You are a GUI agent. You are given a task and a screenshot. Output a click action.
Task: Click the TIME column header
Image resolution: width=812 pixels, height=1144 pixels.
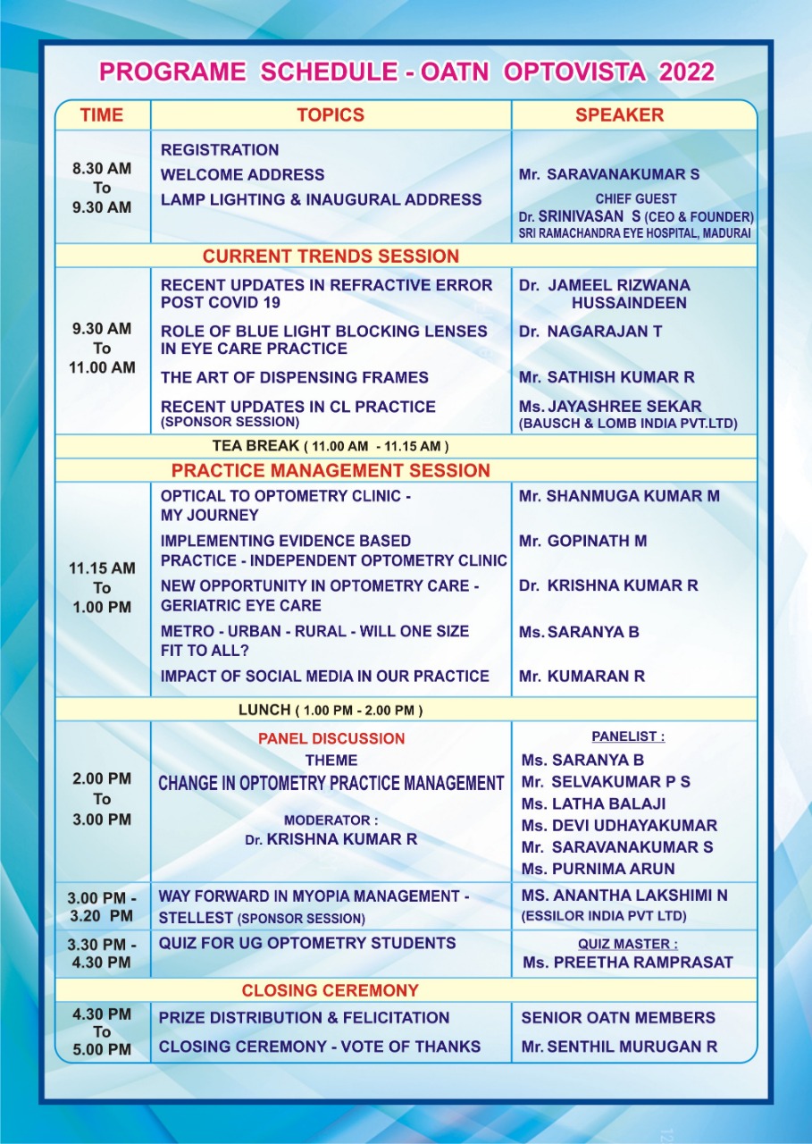102,115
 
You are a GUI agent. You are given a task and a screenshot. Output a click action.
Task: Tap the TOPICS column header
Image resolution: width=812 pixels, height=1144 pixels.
331,115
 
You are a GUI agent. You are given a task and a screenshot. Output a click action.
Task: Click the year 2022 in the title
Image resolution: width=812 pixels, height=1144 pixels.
687,72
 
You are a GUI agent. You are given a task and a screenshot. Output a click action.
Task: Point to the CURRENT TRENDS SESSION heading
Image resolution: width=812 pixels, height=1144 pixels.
331,257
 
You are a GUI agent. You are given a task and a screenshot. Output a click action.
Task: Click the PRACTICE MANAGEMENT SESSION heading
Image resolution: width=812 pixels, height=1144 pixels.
331,471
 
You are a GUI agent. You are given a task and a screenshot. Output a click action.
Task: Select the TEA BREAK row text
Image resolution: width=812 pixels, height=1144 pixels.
331,445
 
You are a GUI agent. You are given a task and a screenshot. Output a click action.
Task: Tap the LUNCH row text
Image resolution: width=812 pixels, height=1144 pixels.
331,711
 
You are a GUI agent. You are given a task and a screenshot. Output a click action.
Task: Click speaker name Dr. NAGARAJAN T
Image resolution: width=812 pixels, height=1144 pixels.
590,332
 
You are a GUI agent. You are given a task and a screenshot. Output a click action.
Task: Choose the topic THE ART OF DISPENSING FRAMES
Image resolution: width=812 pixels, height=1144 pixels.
295,378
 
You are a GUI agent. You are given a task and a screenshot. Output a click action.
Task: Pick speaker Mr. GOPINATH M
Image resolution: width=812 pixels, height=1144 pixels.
583,541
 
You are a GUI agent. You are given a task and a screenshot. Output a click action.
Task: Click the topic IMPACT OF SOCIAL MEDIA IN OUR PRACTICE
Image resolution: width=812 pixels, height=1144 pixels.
325,677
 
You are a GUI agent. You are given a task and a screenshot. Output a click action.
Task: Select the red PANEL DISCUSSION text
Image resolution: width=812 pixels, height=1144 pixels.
331,739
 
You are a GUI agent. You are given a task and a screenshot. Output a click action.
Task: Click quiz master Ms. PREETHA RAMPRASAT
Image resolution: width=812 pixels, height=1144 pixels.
628,963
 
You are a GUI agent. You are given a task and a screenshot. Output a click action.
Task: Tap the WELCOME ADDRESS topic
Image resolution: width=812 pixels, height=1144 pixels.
243,175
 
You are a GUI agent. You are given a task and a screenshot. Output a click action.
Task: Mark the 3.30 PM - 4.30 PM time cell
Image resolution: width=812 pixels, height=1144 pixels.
102,953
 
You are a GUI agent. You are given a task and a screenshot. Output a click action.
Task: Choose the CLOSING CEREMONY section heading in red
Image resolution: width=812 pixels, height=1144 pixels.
331,990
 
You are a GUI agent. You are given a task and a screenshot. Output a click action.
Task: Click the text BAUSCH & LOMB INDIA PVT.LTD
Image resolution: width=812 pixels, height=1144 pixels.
628,425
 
